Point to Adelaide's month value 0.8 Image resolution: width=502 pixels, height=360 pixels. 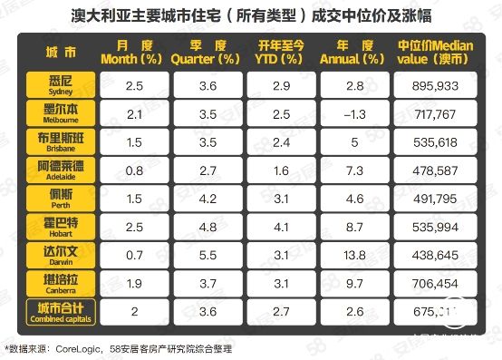pyautogui.click(x=135, y=170)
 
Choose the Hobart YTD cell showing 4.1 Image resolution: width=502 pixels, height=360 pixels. pyautogui.click(x=280, y=228)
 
